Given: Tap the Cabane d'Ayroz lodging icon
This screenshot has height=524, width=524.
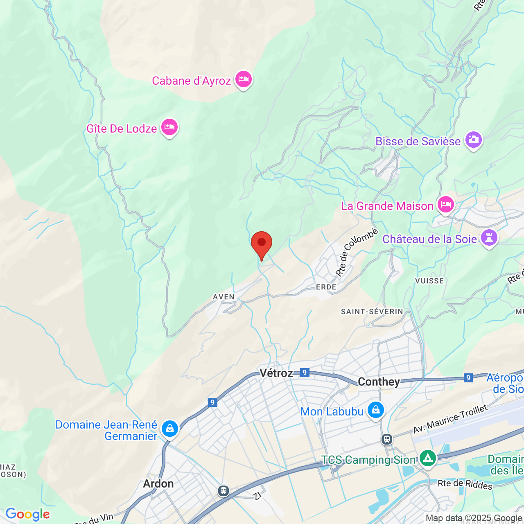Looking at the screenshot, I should pos(244,79).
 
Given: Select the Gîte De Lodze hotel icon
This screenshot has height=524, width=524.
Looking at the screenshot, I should pos(169,127).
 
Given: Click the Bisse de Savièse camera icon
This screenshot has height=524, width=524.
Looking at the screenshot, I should pos(474,140).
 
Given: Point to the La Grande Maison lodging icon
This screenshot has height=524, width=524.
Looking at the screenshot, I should pos(446,204).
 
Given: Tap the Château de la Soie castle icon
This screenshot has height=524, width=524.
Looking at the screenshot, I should pos(489,237).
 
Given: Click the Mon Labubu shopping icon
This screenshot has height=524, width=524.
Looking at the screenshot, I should pos(375,410).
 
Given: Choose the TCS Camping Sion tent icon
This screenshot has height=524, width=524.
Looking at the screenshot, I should pos(428,458).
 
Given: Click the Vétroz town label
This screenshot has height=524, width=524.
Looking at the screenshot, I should pos(276,373).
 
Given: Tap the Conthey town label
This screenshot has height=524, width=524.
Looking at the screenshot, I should pos(379,382).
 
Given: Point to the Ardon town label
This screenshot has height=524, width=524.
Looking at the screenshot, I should pos(158,483).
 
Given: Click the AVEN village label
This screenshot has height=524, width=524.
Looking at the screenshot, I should pos(224,297).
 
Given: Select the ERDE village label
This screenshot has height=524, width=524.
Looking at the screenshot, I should pos(326,287).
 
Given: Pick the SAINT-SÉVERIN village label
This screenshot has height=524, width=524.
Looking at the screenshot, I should pos(372,312).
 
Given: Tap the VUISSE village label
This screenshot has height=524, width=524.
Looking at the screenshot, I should pos(429,281).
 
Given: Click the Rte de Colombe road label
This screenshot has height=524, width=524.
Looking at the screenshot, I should pos(356,252).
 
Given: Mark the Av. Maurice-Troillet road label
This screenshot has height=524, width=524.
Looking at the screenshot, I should pos(450,419).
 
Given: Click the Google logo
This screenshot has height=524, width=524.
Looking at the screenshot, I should pos(28,514).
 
